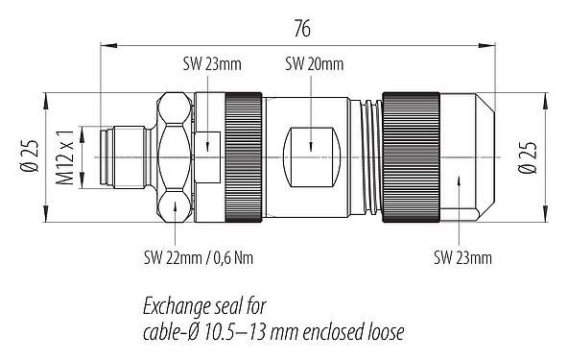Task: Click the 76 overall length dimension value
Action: point(302,29)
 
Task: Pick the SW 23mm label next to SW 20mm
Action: point(211,64)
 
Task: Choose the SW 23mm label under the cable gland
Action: point(462,257)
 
